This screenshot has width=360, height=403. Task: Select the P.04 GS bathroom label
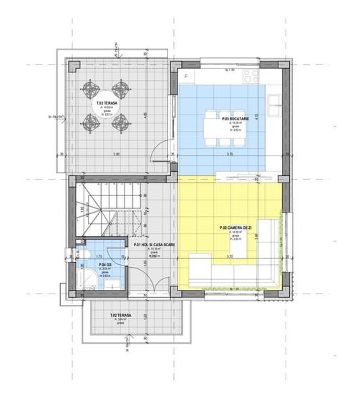point(104,264)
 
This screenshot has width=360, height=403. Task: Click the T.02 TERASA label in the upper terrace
point(107,103)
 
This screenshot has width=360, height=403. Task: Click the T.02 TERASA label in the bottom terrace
point(119,315)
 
